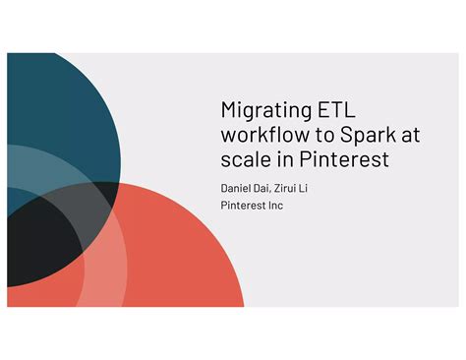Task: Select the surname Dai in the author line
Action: pyautogui.click(x=267, y=187)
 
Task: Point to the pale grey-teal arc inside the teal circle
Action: pyautogui.click(x=39, y=167)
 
